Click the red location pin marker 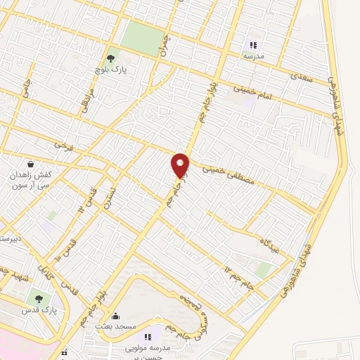pyautogui.click(x=181, y=165)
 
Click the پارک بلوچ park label pyautogui.click(x=109, y=71)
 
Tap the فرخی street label pyautogui.click(x=63, y=146)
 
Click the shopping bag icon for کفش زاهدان pyautogui.click(x=30, y=163)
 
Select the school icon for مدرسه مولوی pyautogui.click(x=148, y=337)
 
